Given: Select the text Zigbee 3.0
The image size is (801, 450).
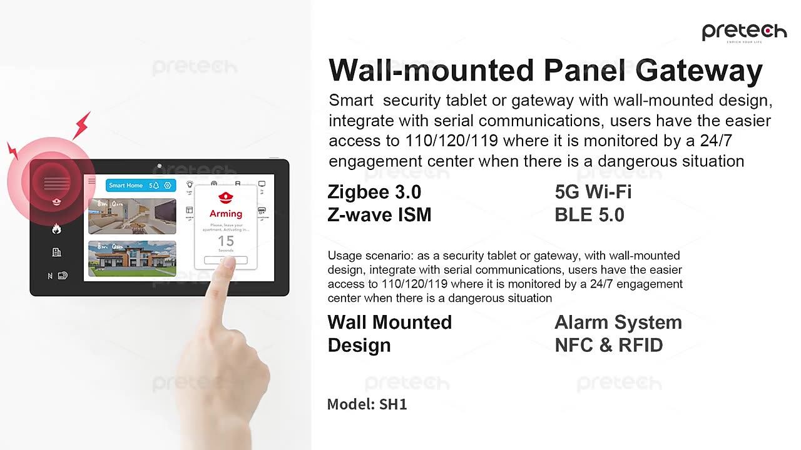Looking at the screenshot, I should pos(374,192).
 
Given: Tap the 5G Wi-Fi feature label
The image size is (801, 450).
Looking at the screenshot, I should pos(593,192).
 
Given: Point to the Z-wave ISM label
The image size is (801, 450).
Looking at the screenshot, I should pos(379,215).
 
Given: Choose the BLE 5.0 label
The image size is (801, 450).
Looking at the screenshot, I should pos(589,215).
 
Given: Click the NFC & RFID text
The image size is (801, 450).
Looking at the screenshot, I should pos(608,345).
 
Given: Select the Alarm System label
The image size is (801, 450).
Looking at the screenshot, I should pos(618,322).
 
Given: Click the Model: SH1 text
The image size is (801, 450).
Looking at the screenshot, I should pos(367,404).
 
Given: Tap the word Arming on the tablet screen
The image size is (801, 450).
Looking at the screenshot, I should pos(225,214).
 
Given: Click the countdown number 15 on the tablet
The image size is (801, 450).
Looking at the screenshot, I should pos(225,241).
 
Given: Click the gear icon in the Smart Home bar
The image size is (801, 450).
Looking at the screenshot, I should pos(168,185).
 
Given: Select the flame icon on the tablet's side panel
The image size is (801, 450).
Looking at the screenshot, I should pos(56,229).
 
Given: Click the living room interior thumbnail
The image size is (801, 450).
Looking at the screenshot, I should pos(131,216).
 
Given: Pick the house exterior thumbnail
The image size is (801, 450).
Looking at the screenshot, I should pos(131,258).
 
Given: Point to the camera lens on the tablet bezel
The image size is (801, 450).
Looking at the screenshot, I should pos(160,166).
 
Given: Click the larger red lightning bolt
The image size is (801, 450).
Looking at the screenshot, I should pos(82,126).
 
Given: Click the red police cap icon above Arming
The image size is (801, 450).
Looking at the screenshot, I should pos(225,197).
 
